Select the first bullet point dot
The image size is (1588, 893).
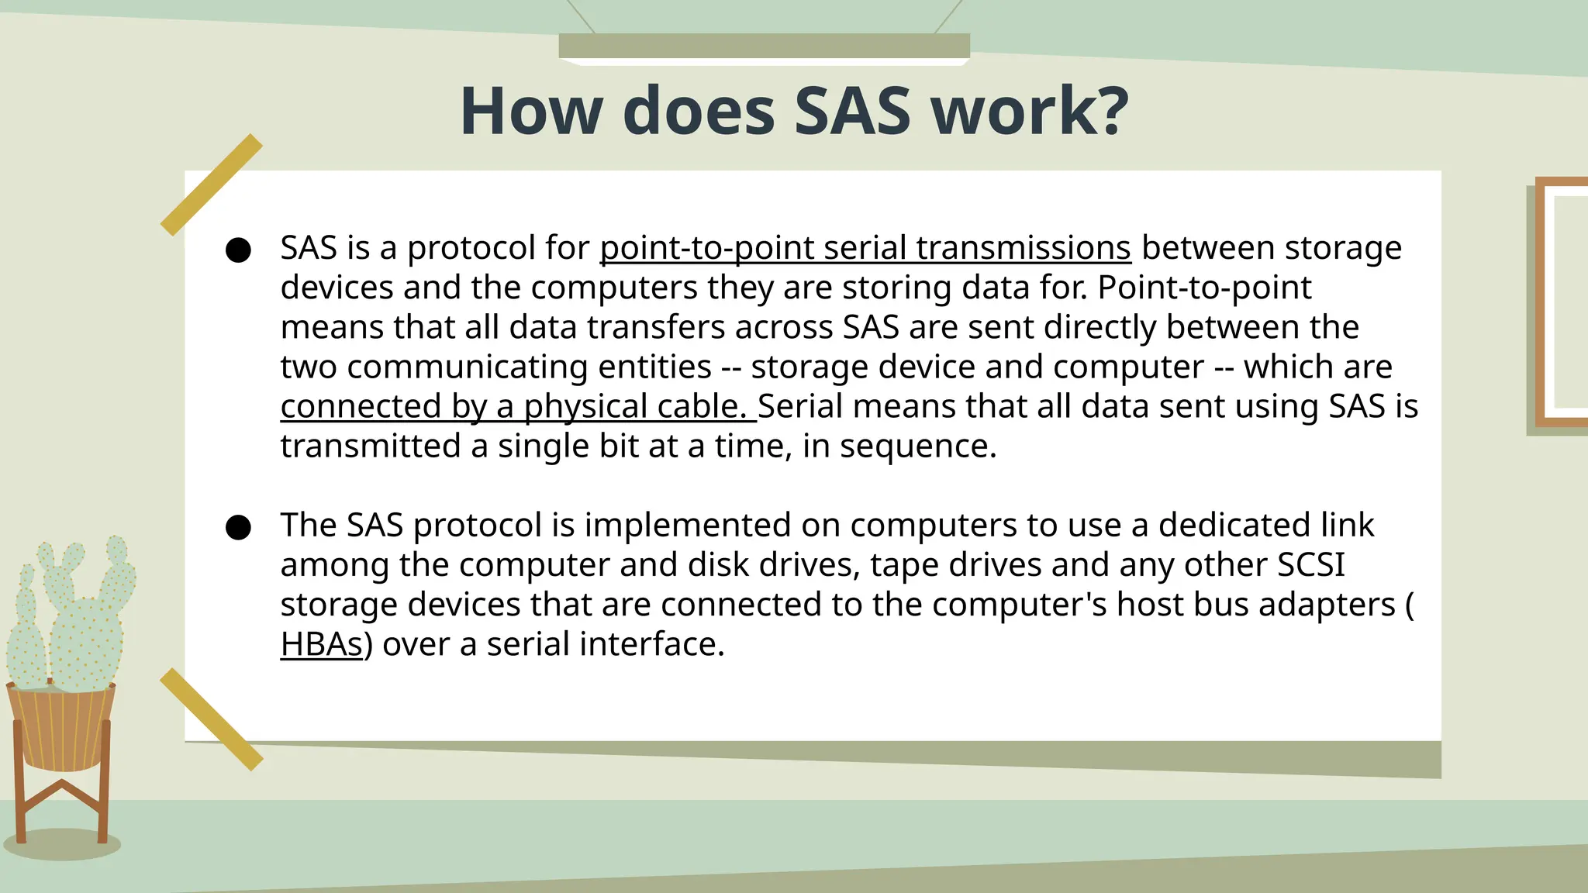point(238,250)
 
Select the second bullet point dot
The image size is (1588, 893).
point(238,527)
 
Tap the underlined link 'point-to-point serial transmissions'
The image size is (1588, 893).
point(865,248)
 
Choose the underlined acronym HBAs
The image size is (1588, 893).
point(322,644)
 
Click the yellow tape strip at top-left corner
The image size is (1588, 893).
point(211,184)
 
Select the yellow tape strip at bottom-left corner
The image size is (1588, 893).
point(211,719)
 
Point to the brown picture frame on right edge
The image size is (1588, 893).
point(1559,302)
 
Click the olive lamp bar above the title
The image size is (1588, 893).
point(764,45)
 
